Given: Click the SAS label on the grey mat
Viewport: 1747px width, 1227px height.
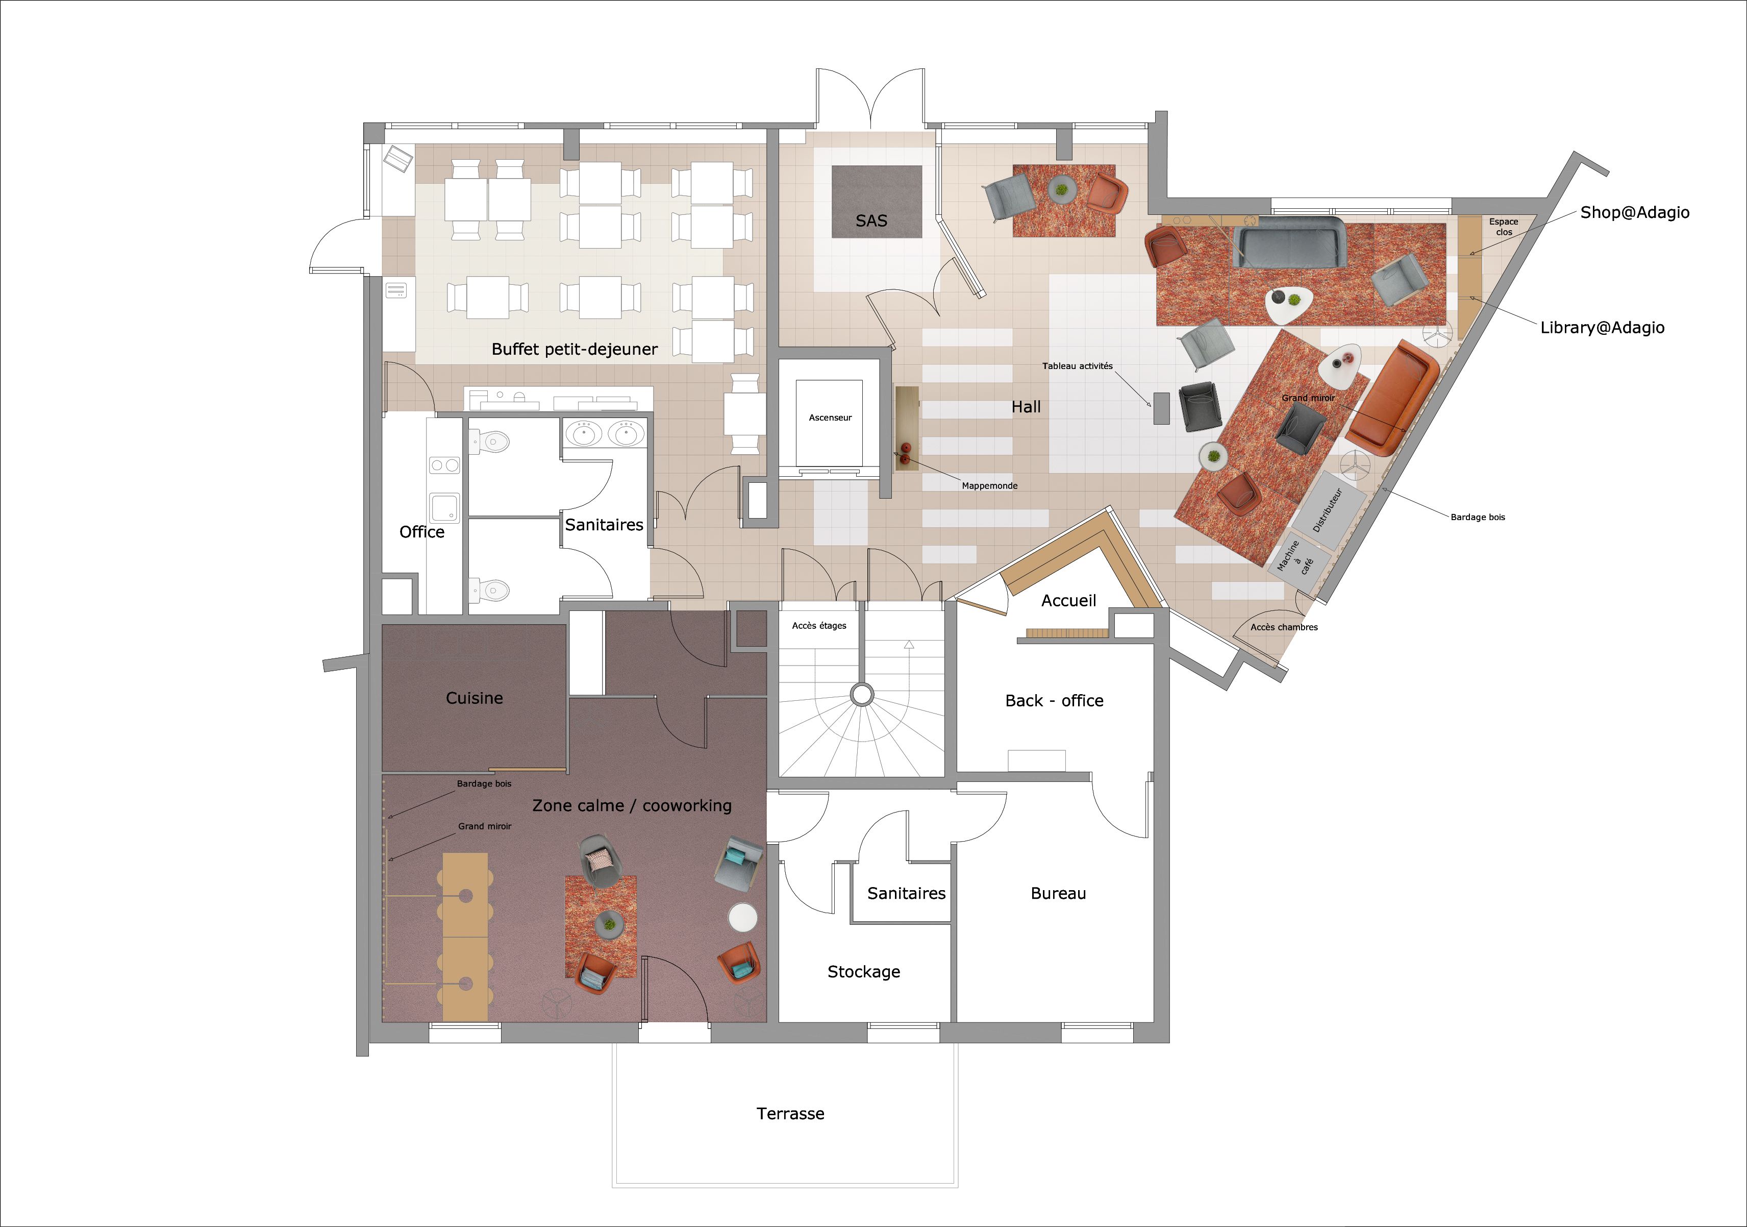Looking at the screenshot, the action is pos(871,220).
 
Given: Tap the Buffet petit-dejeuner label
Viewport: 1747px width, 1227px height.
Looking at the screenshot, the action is pos(575,350).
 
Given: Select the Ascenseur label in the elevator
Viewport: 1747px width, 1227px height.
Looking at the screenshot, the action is pos(830,418).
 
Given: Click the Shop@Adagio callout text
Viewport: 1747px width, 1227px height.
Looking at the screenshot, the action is pos(1634,212).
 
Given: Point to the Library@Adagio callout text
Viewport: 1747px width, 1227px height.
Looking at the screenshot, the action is pos(1603,327).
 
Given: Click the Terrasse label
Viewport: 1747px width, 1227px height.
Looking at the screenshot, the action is pos(790,1114).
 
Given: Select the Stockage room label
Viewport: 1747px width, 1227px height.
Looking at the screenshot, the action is pos(864,972).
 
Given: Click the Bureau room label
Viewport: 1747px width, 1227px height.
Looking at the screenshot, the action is pos(1058,894).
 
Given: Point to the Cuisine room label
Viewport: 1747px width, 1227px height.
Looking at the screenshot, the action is pos(474,698).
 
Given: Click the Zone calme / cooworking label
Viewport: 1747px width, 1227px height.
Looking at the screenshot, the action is pos(632,805).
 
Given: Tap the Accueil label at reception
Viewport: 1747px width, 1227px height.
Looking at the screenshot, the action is pos(1068,601).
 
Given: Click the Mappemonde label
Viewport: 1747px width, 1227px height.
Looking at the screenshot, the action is pos(989,485).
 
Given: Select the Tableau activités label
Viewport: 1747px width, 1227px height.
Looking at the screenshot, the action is pos(1078,366).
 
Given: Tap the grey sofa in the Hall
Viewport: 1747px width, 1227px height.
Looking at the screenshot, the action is pos(1289,242).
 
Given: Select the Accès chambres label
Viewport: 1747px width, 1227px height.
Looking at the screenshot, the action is pos(1284,627).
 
